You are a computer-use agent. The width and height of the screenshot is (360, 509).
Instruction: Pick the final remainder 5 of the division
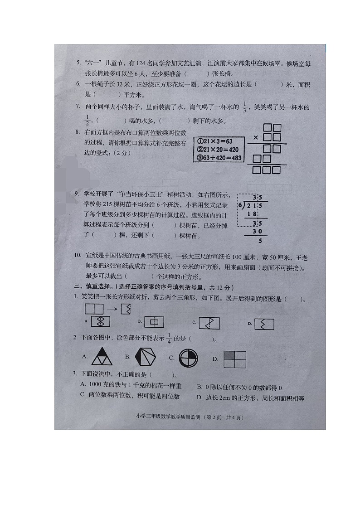260,241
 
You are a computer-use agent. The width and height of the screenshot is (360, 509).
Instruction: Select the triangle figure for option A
102,357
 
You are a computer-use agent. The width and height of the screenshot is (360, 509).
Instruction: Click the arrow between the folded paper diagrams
112,310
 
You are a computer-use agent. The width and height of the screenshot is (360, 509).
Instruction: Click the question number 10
78,257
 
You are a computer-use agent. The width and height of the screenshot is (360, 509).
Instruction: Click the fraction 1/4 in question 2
170,339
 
